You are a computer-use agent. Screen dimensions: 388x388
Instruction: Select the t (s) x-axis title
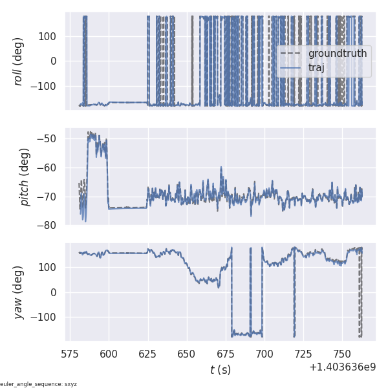(220, 370)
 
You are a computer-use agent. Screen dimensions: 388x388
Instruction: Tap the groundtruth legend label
(337, 53)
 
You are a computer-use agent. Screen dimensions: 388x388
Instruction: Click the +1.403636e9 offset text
(342, 367)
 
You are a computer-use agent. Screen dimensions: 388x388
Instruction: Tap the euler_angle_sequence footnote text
(39, 384)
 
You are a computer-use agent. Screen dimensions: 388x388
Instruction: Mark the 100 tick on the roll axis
(48, 36)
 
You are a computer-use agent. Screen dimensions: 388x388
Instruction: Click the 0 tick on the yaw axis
(56, 292)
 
